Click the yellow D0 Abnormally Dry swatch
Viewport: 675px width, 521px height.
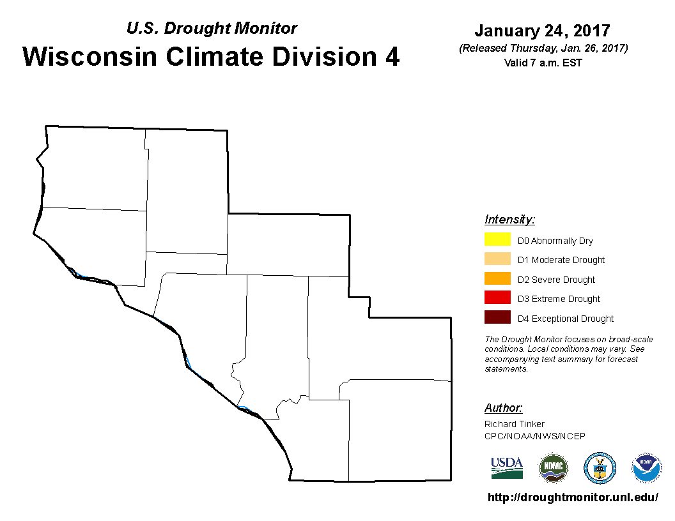(497, 239)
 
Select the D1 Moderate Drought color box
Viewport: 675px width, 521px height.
(497, 259)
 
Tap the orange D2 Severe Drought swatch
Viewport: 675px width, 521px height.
(497, 278)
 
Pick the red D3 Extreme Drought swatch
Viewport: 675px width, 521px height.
(497, 298)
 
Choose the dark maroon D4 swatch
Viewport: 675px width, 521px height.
(497, 317)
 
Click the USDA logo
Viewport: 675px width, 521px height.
(507, 468)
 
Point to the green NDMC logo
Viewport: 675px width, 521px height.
(553, 468)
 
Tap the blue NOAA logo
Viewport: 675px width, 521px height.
(646, 468)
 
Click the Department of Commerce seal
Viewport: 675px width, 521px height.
(600, 468)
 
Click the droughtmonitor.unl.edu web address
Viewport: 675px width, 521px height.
(573, 497)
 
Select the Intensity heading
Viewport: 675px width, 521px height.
(509, 220)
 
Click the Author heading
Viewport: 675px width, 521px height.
(503, 407)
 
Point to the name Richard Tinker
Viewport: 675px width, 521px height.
(514, 424)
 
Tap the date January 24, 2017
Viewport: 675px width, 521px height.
(542, 31)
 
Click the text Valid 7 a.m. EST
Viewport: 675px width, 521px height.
(543, 63)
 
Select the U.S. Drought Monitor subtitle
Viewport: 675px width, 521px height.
(212, 28)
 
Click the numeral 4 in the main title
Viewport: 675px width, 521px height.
(392, 56)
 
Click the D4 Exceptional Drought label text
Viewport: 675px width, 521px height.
(565, 319)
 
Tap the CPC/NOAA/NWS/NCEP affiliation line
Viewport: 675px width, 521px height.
(534, 436)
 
